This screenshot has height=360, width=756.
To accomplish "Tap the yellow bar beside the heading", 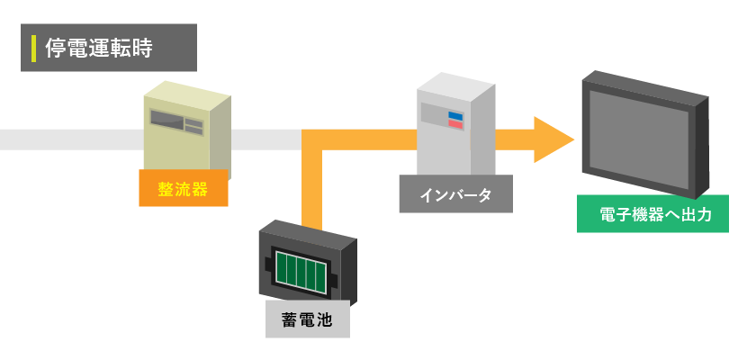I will pos(33,48).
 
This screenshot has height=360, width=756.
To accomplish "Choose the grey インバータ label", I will pos(455,194).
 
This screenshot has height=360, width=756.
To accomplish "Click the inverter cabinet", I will pos(454,126).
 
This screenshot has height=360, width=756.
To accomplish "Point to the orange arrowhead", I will pos(553,139).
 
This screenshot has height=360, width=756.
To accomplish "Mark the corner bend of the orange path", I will pos(312,140).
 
